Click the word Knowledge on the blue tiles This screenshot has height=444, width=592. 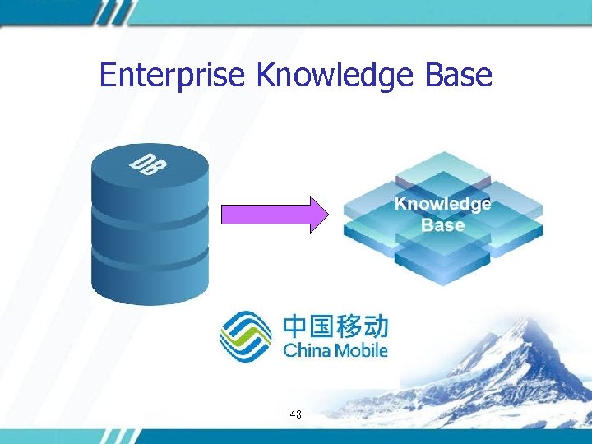pyautogui.click(x=442, y=204)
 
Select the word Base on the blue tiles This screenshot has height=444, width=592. pyautogui.click(x=442, y=225)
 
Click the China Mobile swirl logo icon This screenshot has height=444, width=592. pyautogui.click(x=245, y=335)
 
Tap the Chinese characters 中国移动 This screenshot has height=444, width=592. pyautogui.click(x=335, y=326)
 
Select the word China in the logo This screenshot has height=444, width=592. pyautogui.click(x=306, y=350)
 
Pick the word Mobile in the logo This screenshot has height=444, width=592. pyautogui.click(x=360, y=350)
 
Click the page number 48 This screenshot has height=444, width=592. pyautogui.click(x=296, y=414)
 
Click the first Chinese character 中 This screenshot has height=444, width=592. pyautogui.click(x=295, y=326)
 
